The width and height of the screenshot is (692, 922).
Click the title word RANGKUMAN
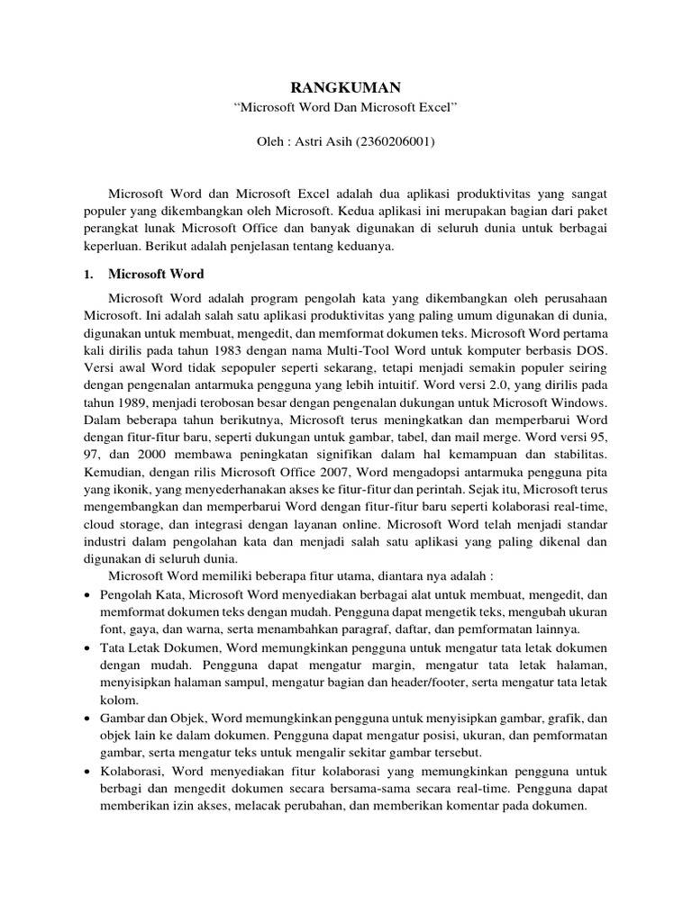click(345, 87)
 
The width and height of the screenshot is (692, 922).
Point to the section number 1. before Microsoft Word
click(87, 274)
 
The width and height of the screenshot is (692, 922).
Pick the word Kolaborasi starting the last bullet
click(136, 772)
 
